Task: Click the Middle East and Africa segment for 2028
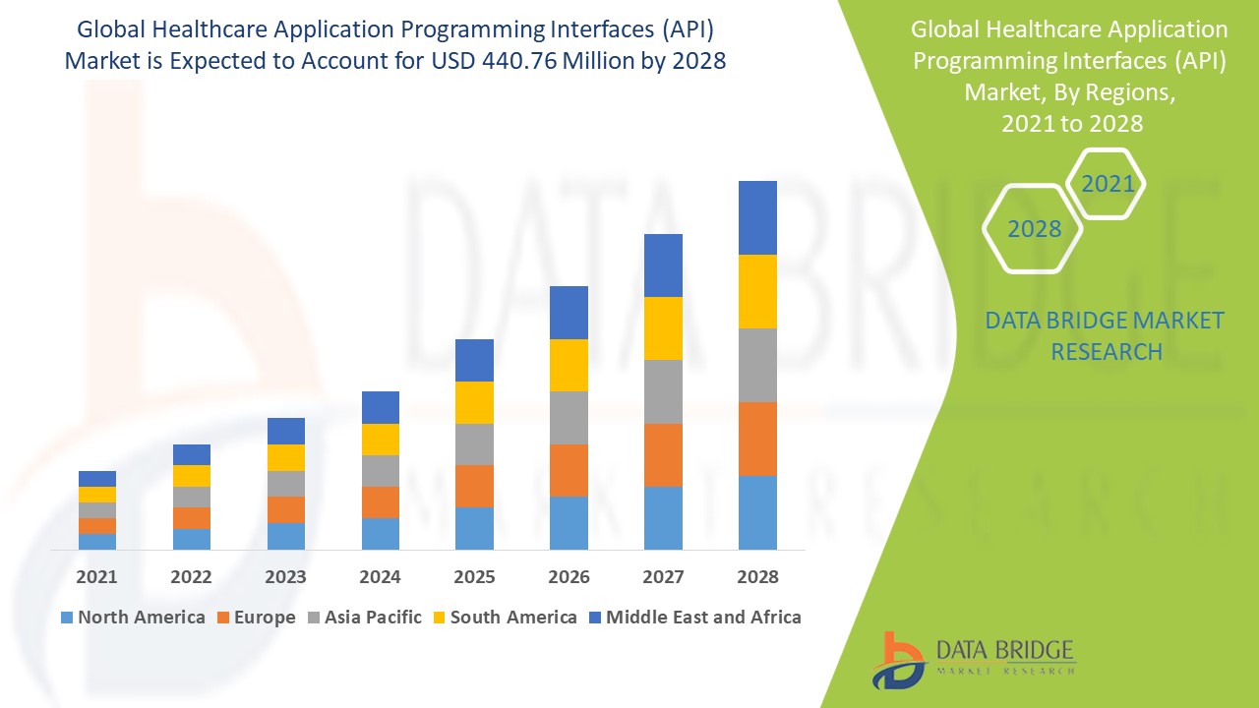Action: [x=757, y=217]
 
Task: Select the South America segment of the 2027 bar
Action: [x=663, y=328]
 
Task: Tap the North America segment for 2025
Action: [x=474, y=528]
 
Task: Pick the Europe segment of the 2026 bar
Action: [x=569, y=470]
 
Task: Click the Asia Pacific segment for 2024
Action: [x=381, y=471]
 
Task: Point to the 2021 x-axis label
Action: [x=96, y=576]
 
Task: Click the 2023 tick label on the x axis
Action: [x=285, y=576]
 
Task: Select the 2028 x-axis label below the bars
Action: [x=757, y=576]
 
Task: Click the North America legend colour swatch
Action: [x=66, y=618]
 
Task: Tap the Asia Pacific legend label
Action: [x=374, y=618]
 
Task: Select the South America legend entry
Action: [x=513, y=618]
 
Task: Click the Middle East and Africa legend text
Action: [x=703, y=618]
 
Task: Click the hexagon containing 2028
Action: [x=1034, y=228]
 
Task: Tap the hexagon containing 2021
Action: [x=1108, y=183]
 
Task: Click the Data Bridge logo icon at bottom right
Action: [x=897, y=659]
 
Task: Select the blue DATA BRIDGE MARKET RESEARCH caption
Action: [x=1106, y=335]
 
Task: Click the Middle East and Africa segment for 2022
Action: [x=192, y=454]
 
